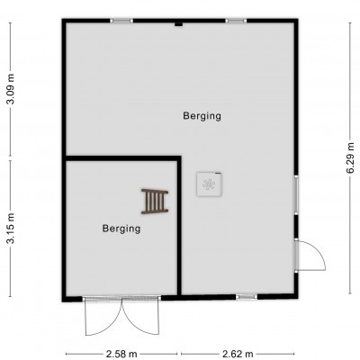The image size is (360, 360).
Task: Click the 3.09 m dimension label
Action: click(11, 88)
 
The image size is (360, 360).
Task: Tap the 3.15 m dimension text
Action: click(11, 229)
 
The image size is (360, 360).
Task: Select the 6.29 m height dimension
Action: click(349, 158)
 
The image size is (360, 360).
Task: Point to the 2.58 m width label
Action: click(121, 354)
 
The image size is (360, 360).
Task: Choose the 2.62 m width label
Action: click(238, 354)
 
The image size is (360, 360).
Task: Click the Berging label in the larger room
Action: click(202, 116)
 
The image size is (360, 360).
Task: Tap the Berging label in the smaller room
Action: click(121, 229)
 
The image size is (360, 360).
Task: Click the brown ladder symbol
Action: click(155, 202)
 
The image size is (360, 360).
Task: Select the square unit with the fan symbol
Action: click(210, 184)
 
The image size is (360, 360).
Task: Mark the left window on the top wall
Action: click(121, 21)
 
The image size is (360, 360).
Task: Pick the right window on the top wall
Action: click(236, 21)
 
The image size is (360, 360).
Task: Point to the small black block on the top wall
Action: click(179, 24)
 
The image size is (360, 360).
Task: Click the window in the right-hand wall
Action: click(296, 195)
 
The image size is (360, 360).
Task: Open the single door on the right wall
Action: click(310, 256)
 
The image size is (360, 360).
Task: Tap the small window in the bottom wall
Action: click(247, 297)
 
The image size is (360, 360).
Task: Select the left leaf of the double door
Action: click(103, 318)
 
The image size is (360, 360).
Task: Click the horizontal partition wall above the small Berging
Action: click(123, 158)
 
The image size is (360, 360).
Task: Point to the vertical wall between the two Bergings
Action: click(179, 226)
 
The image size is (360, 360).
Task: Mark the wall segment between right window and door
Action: click(296, 227)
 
